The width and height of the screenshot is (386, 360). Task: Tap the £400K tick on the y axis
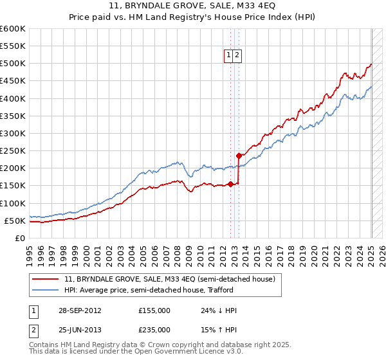pos(13,98)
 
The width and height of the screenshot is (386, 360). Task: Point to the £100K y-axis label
pos(13,203)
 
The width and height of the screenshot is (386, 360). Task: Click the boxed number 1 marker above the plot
pos(228,56)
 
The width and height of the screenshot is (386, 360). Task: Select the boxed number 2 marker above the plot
pos(237,56)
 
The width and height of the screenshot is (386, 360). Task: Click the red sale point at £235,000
pos(239,156)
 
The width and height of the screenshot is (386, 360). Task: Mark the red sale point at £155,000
pos(230,184)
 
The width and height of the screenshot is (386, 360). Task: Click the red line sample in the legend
pos(46,279)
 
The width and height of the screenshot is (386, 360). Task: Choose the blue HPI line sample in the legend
pos(46,290)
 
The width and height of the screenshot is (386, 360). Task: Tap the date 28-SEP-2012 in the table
pos(80,310)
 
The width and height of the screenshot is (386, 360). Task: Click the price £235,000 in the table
pos(154,330)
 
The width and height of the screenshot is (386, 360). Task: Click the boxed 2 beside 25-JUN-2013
pos(33,330)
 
